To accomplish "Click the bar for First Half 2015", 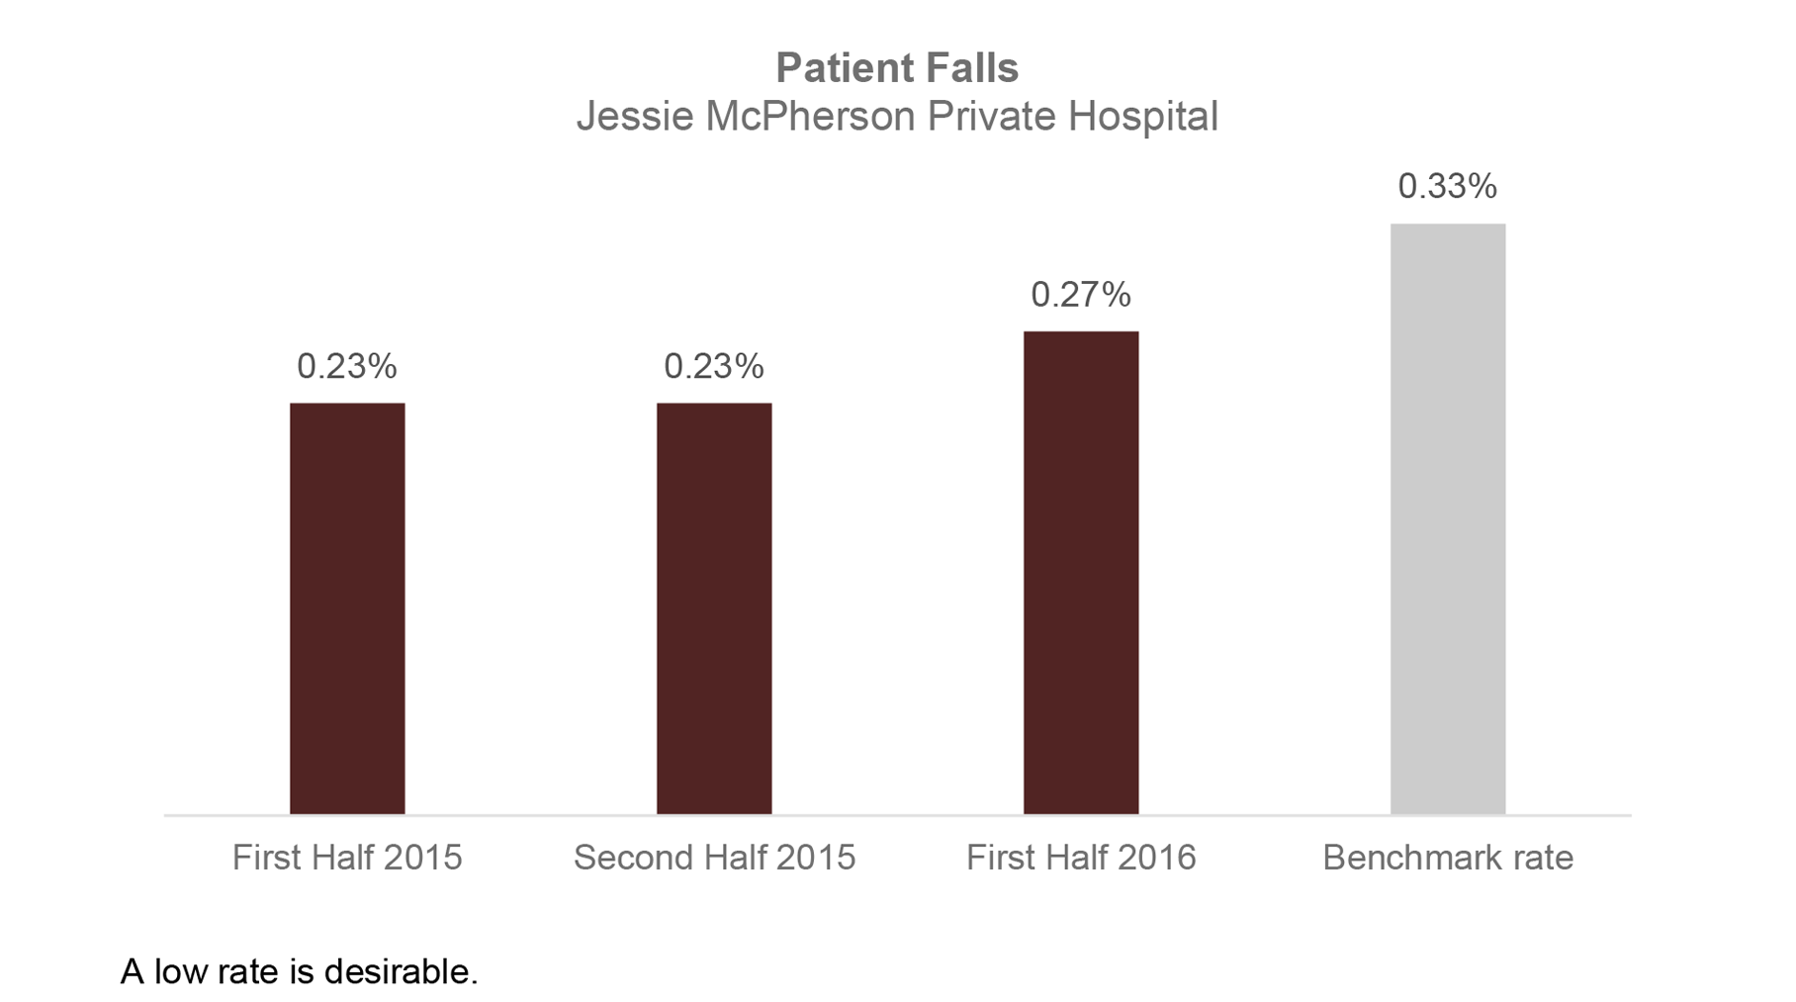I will pos(347,608).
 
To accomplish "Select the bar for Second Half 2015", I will pos(714,608).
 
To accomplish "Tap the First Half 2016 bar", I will pos(1081,573).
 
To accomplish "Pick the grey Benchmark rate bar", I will pos(1448,519).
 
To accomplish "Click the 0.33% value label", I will pos(1447,186).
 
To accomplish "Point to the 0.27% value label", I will pos(1080,294).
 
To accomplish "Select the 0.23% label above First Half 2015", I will pos(347,366).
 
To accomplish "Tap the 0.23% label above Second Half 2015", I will pos(714,366).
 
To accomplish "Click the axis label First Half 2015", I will pos(347,857).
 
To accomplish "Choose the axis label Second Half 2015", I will pos(714,857).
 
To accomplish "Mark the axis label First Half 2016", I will pos(1081,857).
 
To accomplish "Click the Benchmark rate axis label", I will pos(1448,857).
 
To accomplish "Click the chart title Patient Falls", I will pos(897,68).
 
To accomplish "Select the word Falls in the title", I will pos(972,68).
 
